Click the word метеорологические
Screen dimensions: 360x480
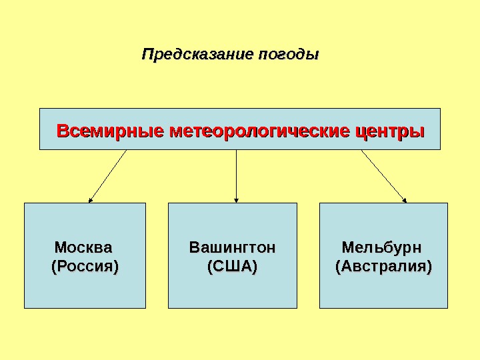(259, 129)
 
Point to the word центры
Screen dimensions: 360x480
(390, 129)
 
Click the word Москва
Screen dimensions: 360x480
(84, 248)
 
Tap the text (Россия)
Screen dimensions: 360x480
(85, 267)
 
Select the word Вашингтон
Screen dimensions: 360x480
(232, 248)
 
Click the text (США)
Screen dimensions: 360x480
(232, 267)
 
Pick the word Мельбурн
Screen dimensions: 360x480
(382, 248)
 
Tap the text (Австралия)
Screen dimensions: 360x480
(383, 267)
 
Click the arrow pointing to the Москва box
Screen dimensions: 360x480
(108, 175)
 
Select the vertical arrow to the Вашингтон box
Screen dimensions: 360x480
(237, 175)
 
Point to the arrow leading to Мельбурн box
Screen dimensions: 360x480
(383, 175)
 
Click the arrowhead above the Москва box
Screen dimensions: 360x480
(91, 199)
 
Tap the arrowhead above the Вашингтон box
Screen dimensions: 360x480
(237, 199)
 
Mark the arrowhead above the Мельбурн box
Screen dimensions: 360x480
(404, 198)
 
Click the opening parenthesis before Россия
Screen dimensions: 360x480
(54, 267)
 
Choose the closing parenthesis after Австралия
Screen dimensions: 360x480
(429, 267)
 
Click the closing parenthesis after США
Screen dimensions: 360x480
(255, 267)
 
